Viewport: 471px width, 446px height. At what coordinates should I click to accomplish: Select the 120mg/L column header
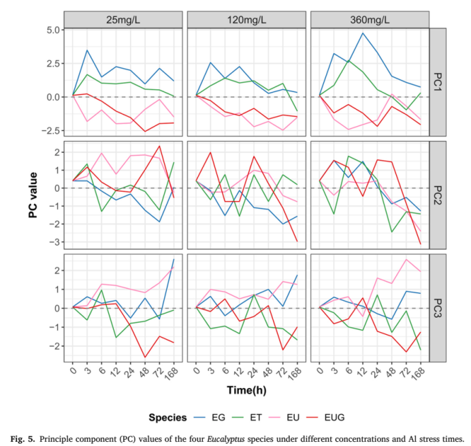(247, 19)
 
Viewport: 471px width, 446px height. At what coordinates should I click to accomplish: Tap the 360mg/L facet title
(370, 19)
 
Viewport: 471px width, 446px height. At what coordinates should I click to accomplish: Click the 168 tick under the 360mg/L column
(419, 373)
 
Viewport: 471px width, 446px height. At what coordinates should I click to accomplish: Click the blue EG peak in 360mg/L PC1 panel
(363, 33)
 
